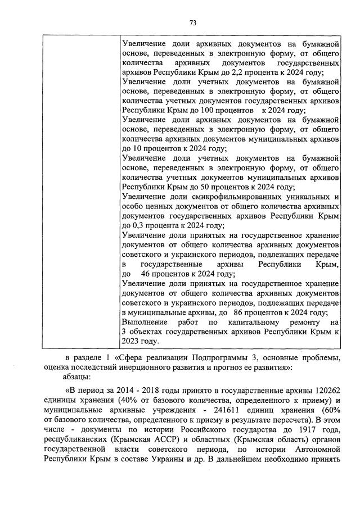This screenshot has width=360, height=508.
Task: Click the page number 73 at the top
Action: [x=192, y=22]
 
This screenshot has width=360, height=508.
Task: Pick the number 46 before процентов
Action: [x=147, y=274]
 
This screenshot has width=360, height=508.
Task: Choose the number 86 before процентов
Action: [x=239, y=312]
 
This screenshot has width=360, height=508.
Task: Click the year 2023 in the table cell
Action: [x=130, y=341]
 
